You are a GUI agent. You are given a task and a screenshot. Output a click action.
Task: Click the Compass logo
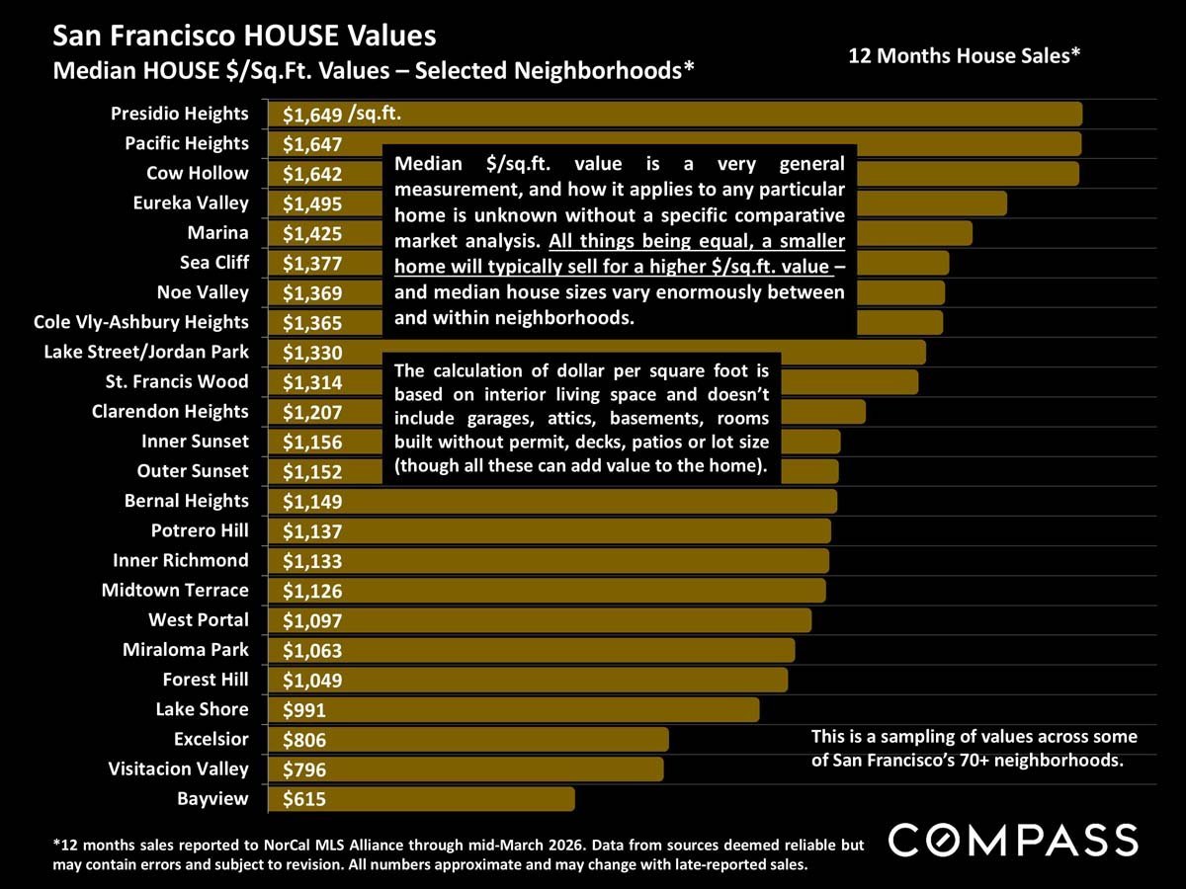(1013, 841)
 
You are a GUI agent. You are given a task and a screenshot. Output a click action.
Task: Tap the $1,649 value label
(312, 115)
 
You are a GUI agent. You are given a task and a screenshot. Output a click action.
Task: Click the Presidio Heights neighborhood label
(180, 114)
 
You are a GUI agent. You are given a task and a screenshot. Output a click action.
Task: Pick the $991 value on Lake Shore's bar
(304, 710)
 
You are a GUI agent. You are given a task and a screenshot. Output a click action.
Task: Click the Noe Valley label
(203, 292)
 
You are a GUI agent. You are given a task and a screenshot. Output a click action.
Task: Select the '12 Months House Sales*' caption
(965, 56)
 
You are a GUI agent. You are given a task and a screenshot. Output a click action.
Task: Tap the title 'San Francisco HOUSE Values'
(244, 37)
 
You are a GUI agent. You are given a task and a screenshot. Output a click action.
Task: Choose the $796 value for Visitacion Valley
(304, 769)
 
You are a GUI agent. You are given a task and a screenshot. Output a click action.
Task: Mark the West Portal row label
(199, 620)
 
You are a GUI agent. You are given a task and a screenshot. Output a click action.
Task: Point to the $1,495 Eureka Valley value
(312, 203)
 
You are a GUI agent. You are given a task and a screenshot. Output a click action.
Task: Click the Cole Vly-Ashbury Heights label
(140, 322)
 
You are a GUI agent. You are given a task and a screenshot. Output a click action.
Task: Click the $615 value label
(304, 799)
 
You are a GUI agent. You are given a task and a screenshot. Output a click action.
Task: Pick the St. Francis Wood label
(177, 381)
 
